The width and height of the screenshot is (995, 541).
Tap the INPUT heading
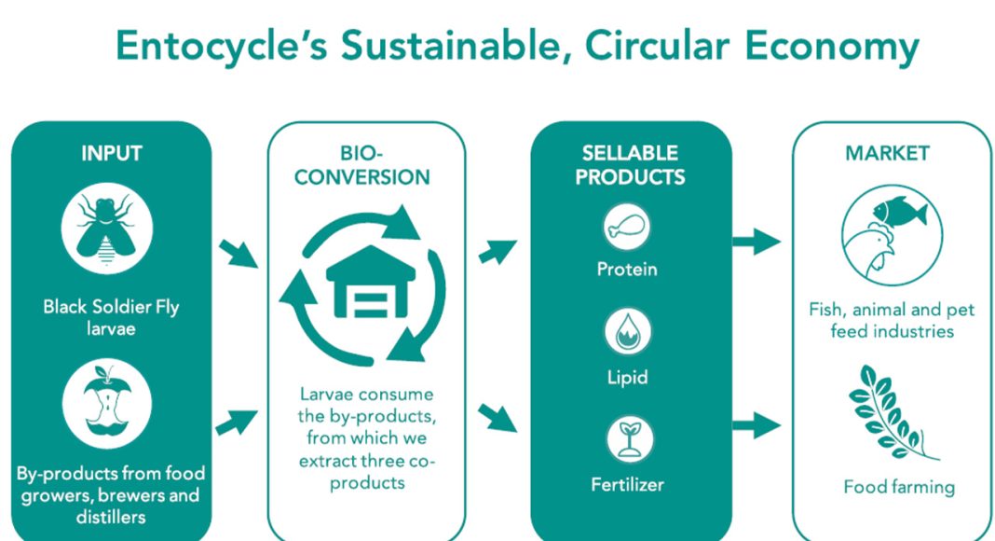[x=112, y=153]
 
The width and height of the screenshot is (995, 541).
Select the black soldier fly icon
[x=106, y=229]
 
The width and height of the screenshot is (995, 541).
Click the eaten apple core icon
[x=106, y=404]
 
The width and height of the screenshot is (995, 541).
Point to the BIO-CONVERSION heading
[x=362, y=165]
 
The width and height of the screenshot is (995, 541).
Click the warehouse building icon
[x=371, y=282]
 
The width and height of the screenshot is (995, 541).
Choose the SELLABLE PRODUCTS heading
[x=630, y=165]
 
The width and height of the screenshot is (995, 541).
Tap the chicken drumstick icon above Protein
[x=627, y=227]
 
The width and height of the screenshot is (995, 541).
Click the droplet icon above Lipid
[x=628, y=331]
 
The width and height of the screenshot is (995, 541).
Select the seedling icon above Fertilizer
[x=630, y=438]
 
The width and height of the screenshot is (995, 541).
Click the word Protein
[x=627, y=270]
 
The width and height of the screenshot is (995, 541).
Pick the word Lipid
[x=628, y=378]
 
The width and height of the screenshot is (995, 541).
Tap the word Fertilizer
[x=628, y=485]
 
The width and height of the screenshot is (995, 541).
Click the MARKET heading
[x=887, y=153]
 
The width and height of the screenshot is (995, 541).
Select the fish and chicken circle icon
[x=893, y=236]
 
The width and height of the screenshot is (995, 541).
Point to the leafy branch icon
[x=893, y=412]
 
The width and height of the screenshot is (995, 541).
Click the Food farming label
[x=899, y=488]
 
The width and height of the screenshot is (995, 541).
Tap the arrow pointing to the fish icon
[x=756, y=242]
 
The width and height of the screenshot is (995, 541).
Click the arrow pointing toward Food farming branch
[x=756, y=424]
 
